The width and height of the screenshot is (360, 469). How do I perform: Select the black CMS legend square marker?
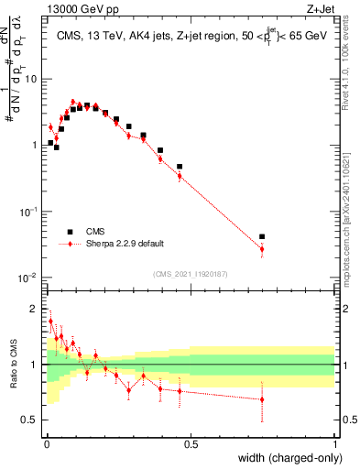click(69, 232)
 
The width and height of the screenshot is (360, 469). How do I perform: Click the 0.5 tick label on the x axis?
click(191, 444)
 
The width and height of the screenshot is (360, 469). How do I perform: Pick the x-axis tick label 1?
click(335, 444)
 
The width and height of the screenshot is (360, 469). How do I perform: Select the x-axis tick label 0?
click(46, 444)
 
